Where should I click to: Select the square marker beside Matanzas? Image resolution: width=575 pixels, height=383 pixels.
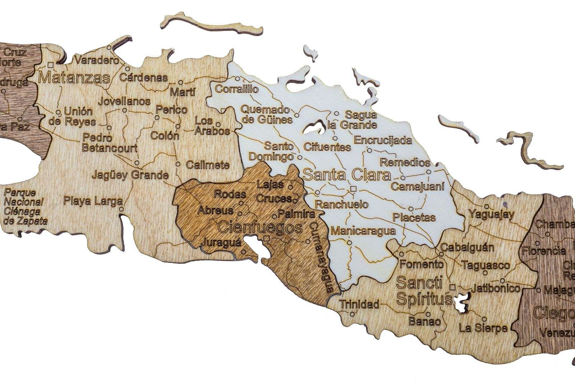[x=51, y=65]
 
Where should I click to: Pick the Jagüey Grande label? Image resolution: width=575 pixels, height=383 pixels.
[x=130, y=175]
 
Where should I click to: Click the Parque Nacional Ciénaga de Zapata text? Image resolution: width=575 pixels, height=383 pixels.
[x=25, y=206]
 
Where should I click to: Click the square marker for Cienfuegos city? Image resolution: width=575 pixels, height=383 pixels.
[x=266, y=239]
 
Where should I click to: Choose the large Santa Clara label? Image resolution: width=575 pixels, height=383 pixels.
[x=347, y=175]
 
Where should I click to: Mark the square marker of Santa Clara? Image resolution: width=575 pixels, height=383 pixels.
[x=354, y=188]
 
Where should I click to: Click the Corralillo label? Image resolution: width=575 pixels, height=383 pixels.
[x=236, y=89]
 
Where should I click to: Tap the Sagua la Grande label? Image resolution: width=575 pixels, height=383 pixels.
[x=360, y=120]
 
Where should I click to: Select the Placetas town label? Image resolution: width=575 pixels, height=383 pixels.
[x=414, y=217]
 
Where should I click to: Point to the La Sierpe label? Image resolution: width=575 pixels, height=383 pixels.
[x=483, y=328]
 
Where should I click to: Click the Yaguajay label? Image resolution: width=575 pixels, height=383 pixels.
[x=491, y=214]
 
